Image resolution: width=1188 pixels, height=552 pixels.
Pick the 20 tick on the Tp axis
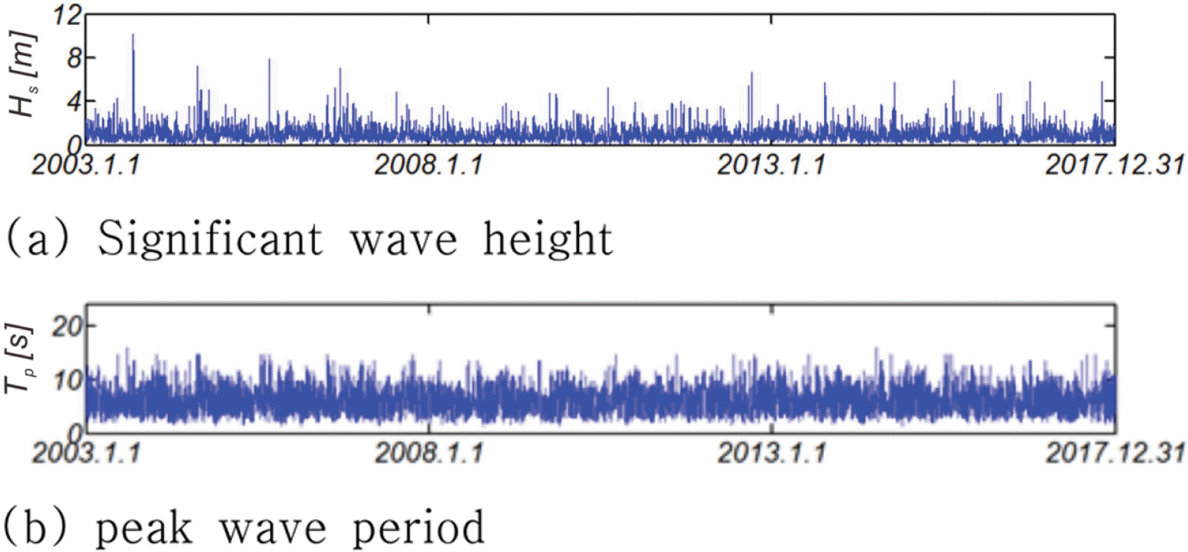[x=67, y=327]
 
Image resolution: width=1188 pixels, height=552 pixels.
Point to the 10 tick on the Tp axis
[x=67, y=380]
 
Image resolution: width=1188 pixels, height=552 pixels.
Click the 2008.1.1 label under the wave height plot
[x=428, y=164]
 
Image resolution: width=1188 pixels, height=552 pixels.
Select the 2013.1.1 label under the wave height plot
[x=770, y=164]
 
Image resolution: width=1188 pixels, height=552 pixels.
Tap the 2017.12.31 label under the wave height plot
[x=1114, y=164]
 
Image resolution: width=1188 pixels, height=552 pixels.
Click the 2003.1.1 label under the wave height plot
[x=86, y=164]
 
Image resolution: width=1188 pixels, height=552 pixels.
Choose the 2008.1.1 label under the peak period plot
[x=428, y=452]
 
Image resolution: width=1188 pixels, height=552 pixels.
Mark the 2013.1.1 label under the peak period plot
[x=770, y=452]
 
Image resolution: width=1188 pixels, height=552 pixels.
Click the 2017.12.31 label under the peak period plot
[x=1114, y=452]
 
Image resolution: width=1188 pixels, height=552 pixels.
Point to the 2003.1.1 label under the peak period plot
[x=86, y=452]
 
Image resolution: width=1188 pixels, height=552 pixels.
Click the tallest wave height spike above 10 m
[x=133, y=36]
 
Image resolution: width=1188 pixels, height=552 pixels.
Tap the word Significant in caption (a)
[x=210, y=240]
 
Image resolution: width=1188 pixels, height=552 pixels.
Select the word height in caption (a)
[x=547, y=240]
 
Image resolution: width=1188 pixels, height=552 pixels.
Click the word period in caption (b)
[x=418, y=528]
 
